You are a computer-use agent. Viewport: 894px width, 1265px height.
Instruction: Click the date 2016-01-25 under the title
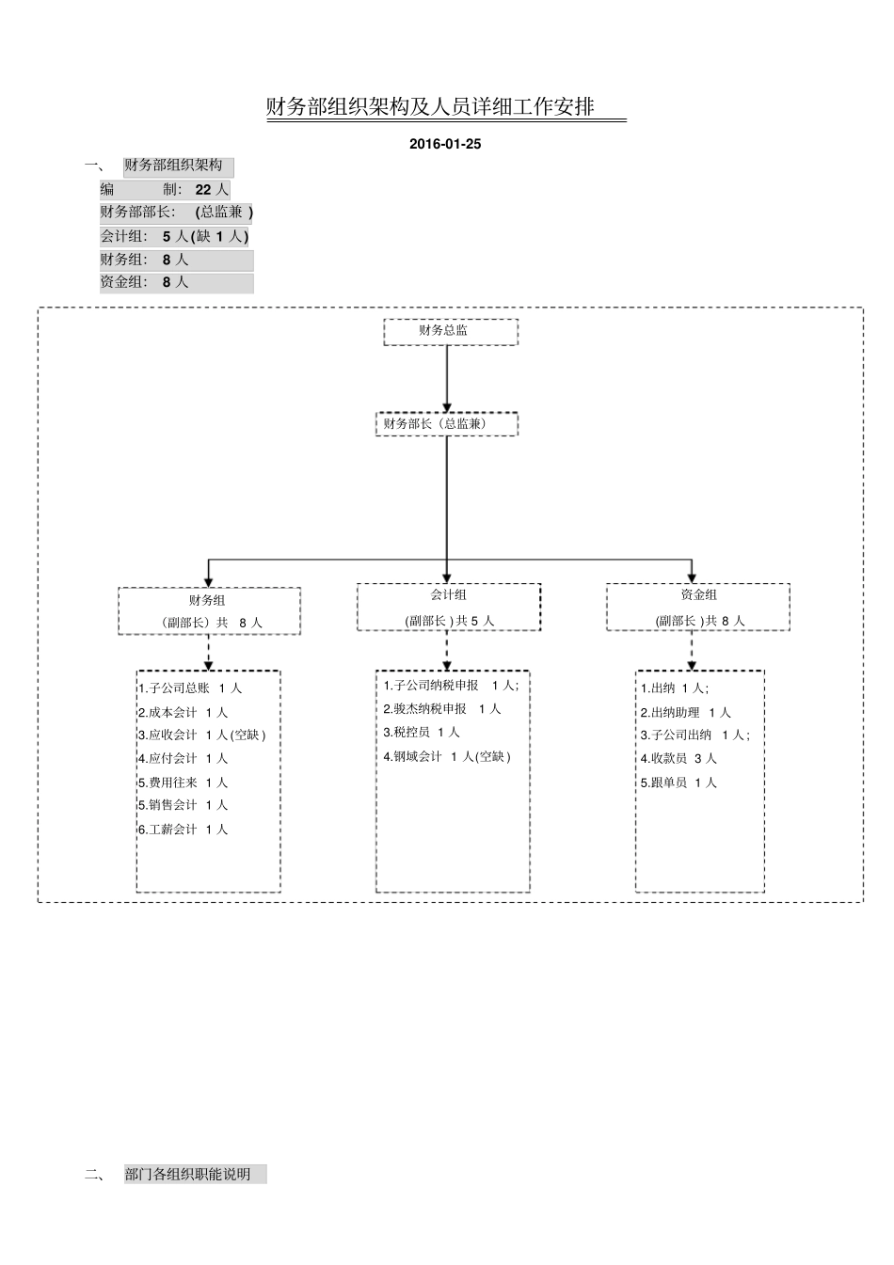(x=445, y=144)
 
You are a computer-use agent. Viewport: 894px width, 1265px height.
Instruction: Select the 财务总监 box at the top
(x=450, y=331)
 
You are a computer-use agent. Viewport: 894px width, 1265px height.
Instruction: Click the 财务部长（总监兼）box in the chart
(x=446, y=424)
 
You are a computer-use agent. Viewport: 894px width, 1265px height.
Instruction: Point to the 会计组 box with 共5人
(x=449, y=607)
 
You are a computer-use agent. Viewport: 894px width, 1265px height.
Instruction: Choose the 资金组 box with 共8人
(x=697, y=607)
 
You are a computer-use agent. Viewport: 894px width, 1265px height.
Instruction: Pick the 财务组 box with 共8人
(x=209, y=611)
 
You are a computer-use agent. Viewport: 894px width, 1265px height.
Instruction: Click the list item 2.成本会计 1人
(x=183, y=712)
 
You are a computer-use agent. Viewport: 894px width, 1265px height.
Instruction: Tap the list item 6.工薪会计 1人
(x=183, y=830)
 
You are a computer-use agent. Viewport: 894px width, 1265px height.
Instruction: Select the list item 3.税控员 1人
(x=422, y=732)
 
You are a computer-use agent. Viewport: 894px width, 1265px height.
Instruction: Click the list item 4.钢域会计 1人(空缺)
(x=447, y=756)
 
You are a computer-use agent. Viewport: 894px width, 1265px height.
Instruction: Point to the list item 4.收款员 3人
(x=678, y=758)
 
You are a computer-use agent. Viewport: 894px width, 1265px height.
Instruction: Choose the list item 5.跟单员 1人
(x=678, y=783)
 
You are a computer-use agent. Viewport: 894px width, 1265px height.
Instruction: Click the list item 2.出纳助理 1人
(x=685, y=712)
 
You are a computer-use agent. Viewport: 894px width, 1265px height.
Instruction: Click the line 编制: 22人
(x=165, y=189)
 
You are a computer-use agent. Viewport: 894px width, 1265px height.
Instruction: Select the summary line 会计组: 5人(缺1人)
(x=175, y=236)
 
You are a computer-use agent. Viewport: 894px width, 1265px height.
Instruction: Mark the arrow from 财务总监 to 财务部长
(x=447, y=378)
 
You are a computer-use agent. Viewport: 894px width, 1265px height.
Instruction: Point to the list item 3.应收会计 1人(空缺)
(x=201, y=735)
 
